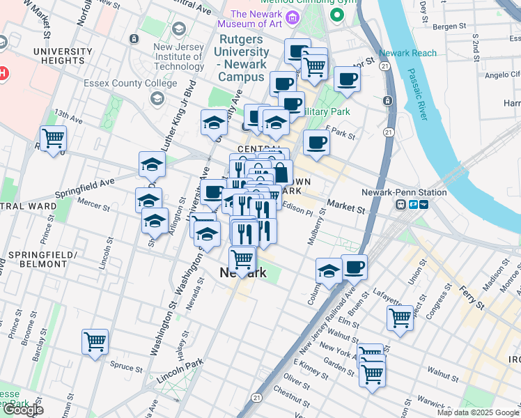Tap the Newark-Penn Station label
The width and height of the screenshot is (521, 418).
[394, 192]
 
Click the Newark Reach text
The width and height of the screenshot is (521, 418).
[408, 53]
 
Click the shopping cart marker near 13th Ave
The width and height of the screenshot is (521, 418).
[53, 139]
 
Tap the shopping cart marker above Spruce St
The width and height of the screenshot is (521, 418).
[95, 342]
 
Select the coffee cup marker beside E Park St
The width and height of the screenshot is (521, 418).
[317, 142]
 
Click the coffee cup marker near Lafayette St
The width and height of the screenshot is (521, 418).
[354, 266]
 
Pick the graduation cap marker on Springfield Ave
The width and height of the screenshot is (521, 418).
[152, 165]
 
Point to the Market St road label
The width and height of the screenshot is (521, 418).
[345, 208]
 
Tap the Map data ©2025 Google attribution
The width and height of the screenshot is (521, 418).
[478, 412]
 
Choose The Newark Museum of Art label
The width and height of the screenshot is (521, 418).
[267, 19]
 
